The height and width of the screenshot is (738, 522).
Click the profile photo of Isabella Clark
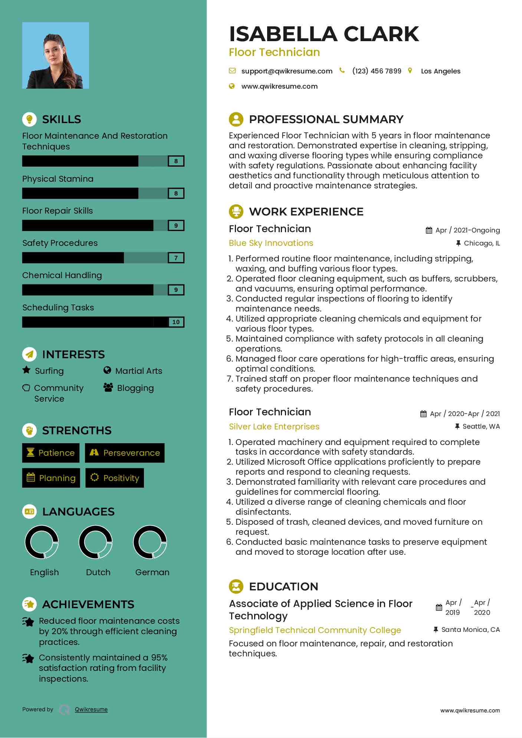point(56,56)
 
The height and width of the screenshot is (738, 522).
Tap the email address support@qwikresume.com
point(287,71)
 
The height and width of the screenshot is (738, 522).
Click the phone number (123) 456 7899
point(377,71)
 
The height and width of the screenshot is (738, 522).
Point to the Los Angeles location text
point(440,71)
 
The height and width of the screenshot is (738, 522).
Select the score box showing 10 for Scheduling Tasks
point(176,322)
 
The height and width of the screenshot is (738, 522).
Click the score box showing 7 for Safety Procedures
point(176,258)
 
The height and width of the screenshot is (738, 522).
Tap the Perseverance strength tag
point(125,453)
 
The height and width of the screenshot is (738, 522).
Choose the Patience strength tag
point(51,453)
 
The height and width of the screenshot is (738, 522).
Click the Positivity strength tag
point(115,478)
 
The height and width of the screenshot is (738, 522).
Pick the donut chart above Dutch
point(96,542)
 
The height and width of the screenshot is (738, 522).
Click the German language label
point(152,572)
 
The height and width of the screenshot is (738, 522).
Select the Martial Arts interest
point(138,371)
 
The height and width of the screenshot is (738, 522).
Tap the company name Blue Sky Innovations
point(271,243)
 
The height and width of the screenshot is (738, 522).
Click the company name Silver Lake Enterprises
point(274,426)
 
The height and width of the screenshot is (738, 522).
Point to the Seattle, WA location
point(481,426)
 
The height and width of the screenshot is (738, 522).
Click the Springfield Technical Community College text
point(315,630)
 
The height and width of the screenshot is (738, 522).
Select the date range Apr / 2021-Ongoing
point(476,230)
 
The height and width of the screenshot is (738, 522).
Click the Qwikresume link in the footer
point(91,709)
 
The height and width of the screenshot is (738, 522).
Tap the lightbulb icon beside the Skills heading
point(29,119)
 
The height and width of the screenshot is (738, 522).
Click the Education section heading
point(283,586)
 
